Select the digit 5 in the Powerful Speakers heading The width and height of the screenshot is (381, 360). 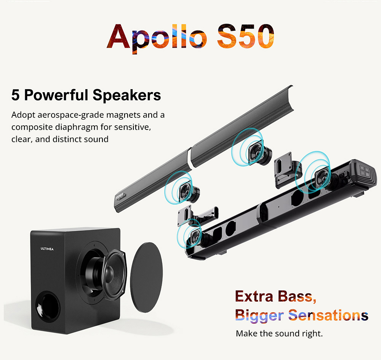16,95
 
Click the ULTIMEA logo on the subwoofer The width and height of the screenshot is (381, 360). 47,249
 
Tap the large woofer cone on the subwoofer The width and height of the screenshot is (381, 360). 104,269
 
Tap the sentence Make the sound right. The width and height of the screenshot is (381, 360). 279,334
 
